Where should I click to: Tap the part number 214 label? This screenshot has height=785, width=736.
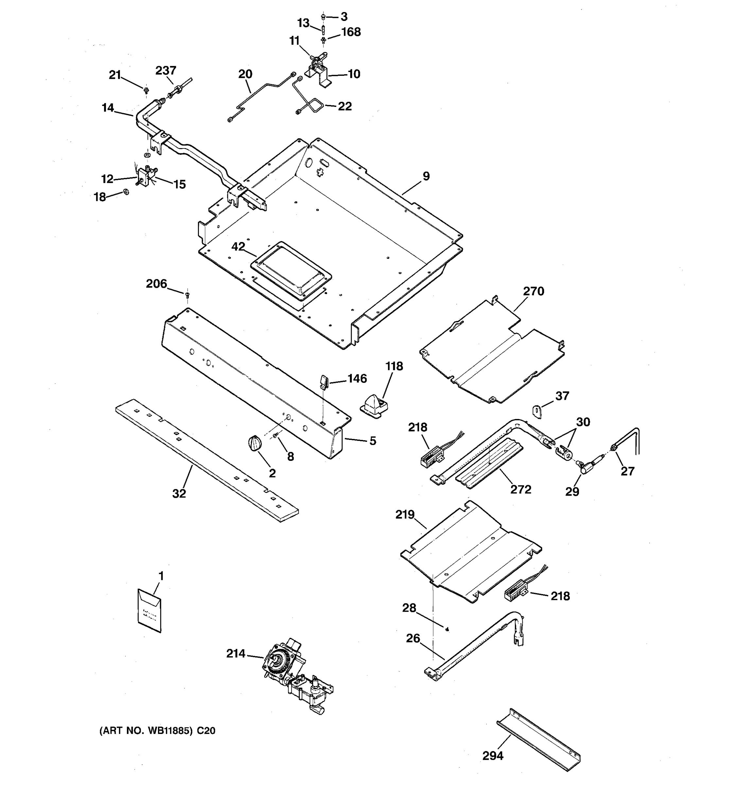pyautogui.click(x=236, y=654)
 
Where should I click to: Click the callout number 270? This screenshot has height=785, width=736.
pyautogui.click(x=534, y=291)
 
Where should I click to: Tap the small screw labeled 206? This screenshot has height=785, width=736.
pyautogui.click(x=187, y=294)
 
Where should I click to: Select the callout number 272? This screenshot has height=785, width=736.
pyautogui.click(x=520, y=489)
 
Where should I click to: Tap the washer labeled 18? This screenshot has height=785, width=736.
pyautogui.click(x=126, y=192)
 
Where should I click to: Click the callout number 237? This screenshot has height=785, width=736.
pyautogui.click(x=166, y=71)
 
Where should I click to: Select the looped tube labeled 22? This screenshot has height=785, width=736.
pyautogui.click(x=312, y=103)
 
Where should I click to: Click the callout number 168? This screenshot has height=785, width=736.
pyautogui.click(x=351, y=32)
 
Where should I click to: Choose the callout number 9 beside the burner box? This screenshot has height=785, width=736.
pyautogui.click(x=426, y=176)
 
